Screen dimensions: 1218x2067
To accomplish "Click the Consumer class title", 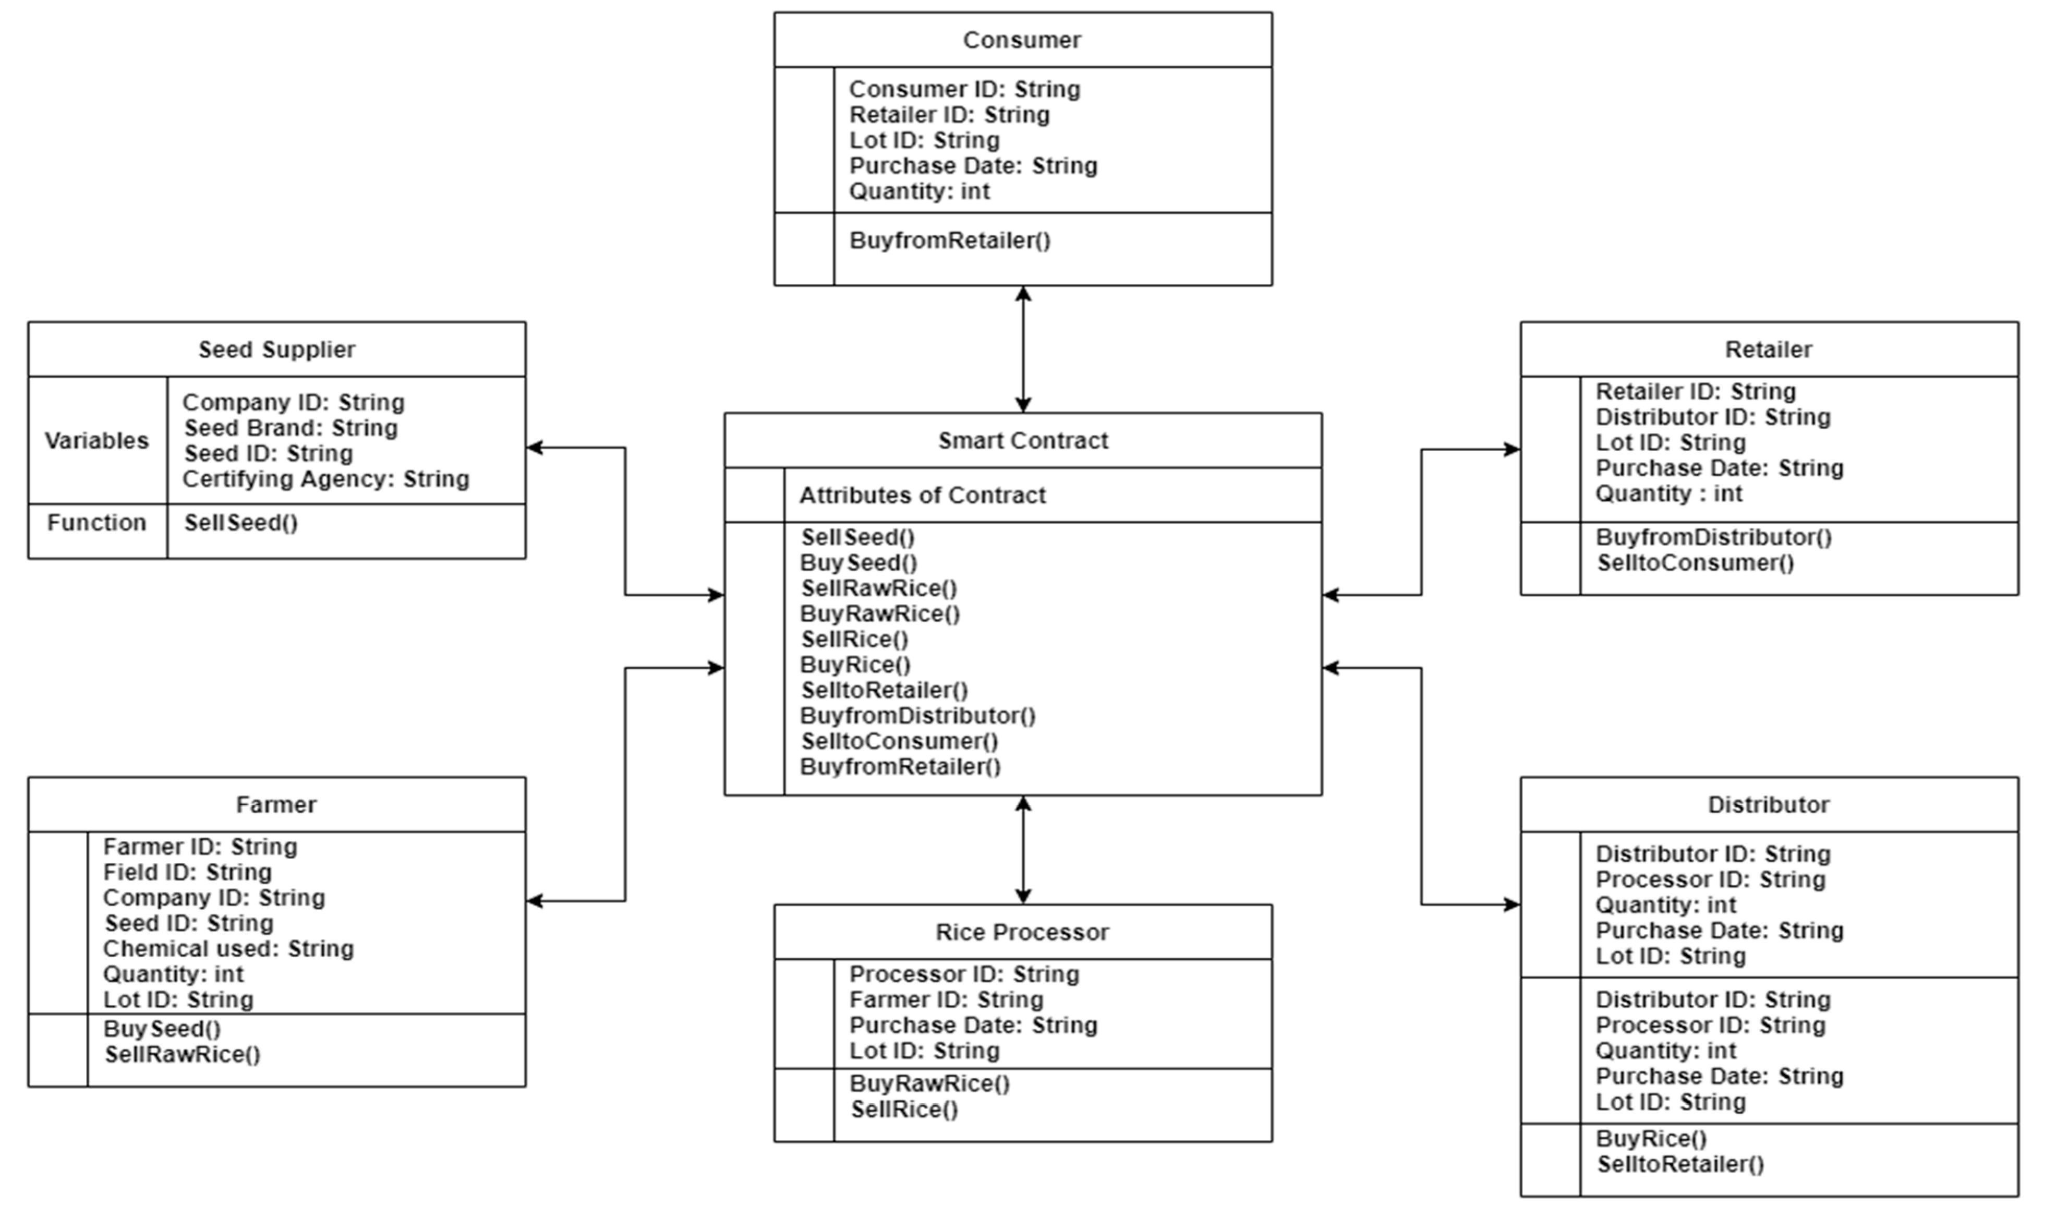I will click(x=1022, y=40).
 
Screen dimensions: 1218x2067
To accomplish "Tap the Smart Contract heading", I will click(x=1022, y=441).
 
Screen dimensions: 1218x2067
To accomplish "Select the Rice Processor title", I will click(x=1022, y=932).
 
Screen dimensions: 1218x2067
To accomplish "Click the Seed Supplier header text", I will click(x=276, y=349).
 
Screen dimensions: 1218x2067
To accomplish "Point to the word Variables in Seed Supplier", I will click(x=97, y=441).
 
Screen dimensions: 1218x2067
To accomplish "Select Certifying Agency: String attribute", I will click(x=326, y=479).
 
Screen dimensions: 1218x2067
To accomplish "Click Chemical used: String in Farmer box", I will click(x=228, y=949).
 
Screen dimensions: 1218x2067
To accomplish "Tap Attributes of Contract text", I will click(x=922, y=496).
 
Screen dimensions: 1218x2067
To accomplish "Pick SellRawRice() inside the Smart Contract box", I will click(x=879, y=588).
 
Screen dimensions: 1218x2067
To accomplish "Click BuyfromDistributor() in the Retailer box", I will click(x=1713, y=538).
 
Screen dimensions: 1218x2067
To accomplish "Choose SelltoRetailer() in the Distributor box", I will click(x=1679, y=1165).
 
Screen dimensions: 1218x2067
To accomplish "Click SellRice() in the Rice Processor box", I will click(x=903, y=1110).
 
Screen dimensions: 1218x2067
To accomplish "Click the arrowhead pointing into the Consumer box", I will click(x=1022, y=294).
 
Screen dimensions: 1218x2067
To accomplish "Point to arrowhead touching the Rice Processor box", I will click(x=1022, y=896).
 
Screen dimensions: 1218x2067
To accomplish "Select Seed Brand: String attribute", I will click(x=291, y=428).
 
